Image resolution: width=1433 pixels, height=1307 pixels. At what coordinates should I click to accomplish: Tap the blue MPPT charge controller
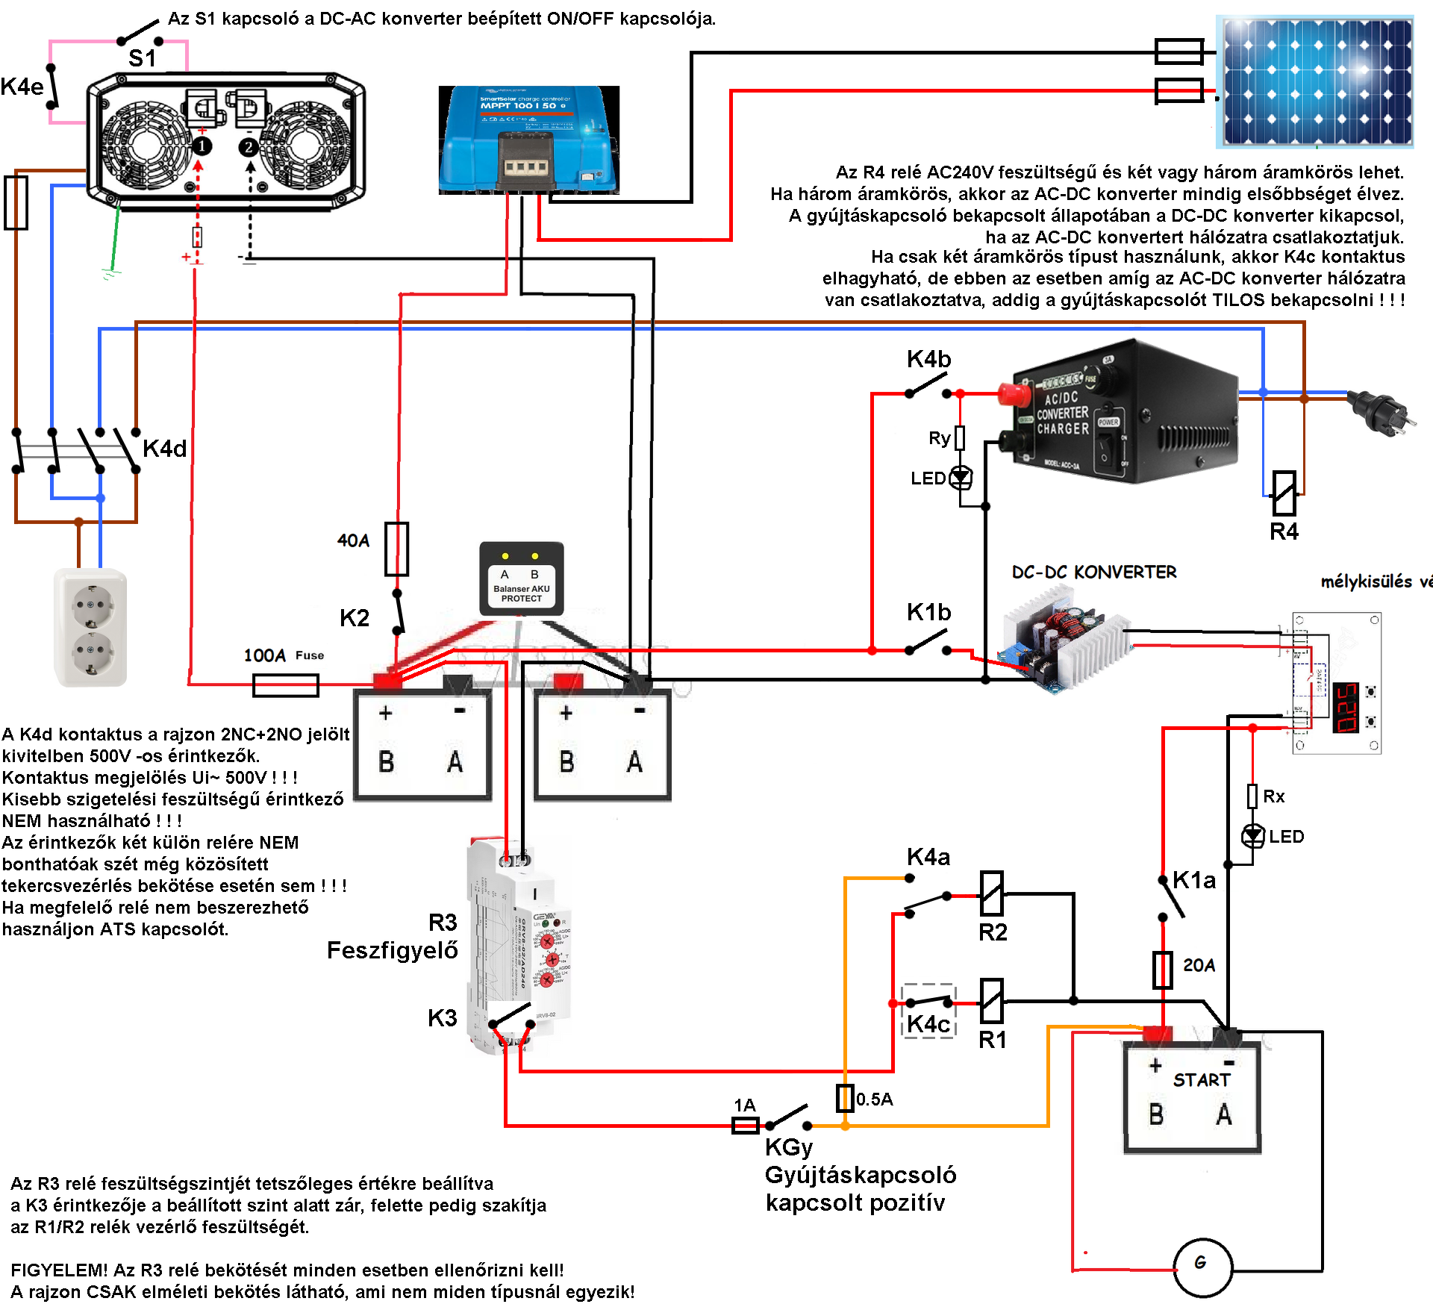click(x=528, y=140)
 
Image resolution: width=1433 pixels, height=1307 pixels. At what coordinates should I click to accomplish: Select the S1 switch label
click(x=142, y=58)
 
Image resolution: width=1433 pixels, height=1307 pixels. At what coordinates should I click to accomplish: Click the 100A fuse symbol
click(x=286, y=684)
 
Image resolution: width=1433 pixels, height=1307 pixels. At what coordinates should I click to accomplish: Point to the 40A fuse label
click(x=353, y=540)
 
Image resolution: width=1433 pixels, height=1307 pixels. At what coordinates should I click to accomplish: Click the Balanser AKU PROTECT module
click(x=521, y=579)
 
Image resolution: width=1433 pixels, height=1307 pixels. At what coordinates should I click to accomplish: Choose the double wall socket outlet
click(x=91, y=627)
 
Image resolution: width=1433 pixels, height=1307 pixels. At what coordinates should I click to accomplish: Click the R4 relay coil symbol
click(x=1284, y=493)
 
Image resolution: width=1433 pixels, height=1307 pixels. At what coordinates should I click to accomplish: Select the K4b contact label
click(x=928, y=359)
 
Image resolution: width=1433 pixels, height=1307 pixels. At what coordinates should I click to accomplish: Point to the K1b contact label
click(x=928, y=612)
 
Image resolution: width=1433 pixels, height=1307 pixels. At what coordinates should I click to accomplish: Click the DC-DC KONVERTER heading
click(x=1094, y=572)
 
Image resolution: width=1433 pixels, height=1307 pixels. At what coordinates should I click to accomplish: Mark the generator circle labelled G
click(x=1202, y=1266)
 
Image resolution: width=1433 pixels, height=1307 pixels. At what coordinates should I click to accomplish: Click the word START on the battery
click(x=1201, y=1080)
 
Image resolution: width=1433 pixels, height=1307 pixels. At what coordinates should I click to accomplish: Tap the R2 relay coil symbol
click(x=991, y=893)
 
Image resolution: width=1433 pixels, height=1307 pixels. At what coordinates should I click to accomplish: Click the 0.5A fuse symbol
click(x=844, y=1098)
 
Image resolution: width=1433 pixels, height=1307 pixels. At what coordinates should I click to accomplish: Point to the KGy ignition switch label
click(x=788, y=1147)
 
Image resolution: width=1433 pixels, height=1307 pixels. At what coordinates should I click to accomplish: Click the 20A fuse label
click(x=1199, y=965)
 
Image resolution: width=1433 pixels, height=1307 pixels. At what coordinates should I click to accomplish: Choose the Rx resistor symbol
click(x=1252, y=796)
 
